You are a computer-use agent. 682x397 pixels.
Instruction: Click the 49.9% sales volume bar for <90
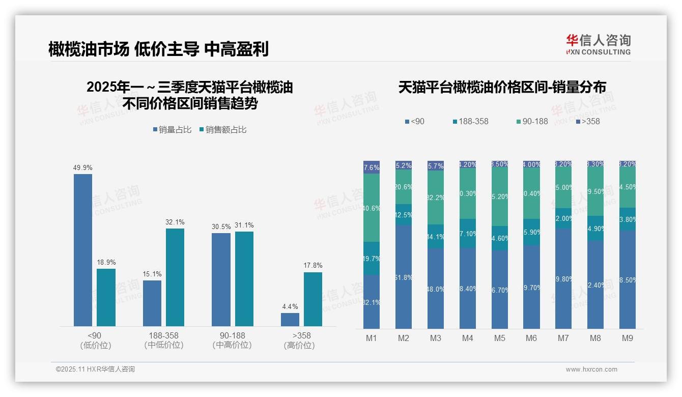tap(83, 250)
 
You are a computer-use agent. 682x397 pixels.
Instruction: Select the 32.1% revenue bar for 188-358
tap(175, 277)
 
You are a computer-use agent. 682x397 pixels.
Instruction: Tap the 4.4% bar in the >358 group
tap(290, 320)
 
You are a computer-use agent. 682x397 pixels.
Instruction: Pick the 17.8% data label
tap(313, 266)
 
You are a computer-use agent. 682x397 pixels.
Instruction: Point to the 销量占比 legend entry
tap(172, 130)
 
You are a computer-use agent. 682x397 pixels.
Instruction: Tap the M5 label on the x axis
tap(499, 338)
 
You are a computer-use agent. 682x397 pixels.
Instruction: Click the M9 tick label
tap(628, 338)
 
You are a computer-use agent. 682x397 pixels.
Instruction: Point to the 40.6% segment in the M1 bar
tap(372, 208)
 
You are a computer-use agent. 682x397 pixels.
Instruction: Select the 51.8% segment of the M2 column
tap(404, 277)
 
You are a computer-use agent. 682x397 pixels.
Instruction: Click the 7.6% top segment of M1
tap(372, 167)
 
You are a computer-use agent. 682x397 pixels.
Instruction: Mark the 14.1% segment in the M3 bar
tap(436, 236)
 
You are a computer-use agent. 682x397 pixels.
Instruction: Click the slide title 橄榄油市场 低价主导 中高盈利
tap(158, 49)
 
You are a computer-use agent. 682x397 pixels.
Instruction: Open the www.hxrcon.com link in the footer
tap(591, 370)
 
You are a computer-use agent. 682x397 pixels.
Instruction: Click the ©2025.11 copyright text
tap(95, 370)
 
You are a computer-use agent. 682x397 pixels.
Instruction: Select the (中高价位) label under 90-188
tap(232, 345)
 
